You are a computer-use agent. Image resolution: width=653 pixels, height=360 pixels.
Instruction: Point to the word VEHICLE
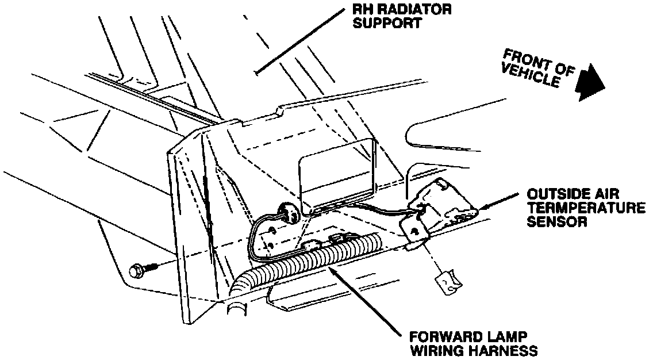(x=530, y=76)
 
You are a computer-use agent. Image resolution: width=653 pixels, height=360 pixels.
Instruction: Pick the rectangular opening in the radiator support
(x=337, y=173)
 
